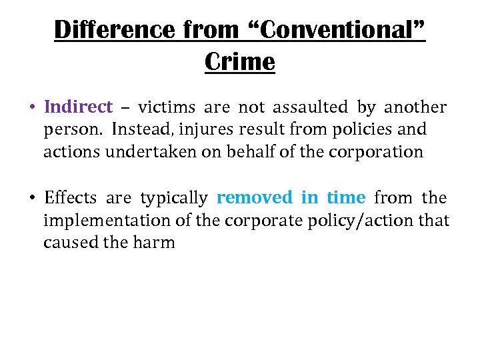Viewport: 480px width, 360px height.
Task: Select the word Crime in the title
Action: pyautogui.click(x=240, y=62)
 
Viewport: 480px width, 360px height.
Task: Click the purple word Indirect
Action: pyautogui.click(x=78, y=107)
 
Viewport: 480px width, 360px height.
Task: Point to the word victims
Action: pyautogui.click(x=167, y=107)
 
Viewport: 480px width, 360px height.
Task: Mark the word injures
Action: pyautogui.click(x=203, y=129)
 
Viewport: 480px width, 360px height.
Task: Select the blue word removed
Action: pyautogui.click(x=255, y=197)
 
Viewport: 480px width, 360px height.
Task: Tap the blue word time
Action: pyautogui.click(x=346, y=197)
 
